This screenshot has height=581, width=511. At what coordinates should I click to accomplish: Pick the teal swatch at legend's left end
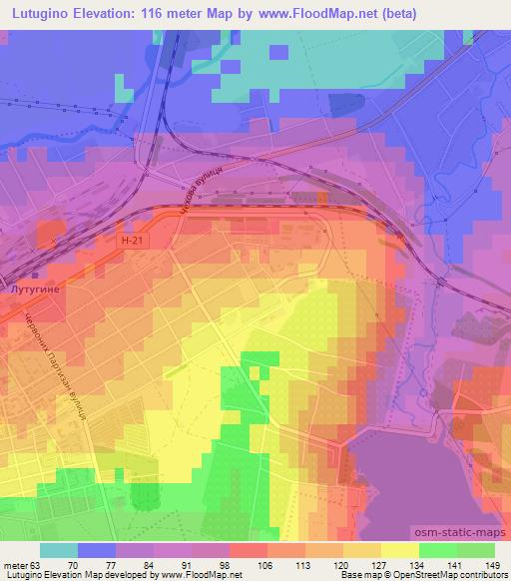[x=59, y=550]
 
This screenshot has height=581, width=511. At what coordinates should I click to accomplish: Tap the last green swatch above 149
[x=475, y=550]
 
